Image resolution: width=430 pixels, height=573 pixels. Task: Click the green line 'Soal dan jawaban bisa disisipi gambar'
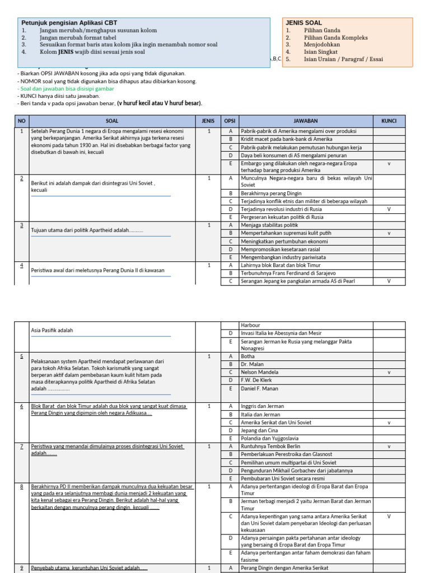point(67,88)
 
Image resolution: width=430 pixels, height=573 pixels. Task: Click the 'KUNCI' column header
point(389,120)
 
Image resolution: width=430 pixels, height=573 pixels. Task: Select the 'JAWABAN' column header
point(306,120)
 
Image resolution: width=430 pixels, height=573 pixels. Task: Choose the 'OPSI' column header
point(230,120)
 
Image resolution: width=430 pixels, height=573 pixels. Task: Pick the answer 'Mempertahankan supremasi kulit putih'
point(286,233)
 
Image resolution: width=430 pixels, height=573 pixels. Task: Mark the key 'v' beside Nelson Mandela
point(389,372)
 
